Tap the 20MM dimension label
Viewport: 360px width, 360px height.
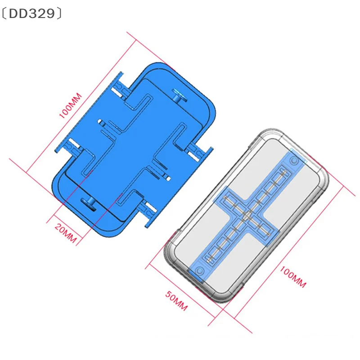pyautogui.click(x=65, y=230)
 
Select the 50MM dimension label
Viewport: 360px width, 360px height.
pyautogui.click(x=176, y=301)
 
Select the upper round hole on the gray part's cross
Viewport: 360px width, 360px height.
pyautogui.click(x=295, y=161)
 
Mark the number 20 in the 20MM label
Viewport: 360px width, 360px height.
pyautogui.click(x=60, y=227)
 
